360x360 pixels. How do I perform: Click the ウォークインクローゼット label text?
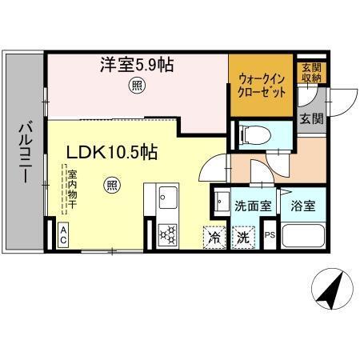[x=261, y=84]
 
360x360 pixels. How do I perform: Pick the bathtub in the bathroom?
[x=303, y=238]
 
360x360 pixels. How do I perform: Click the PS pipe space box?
[x=270, y=236]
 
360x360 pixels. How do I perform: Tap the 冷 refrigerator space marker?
[x=214, y=237]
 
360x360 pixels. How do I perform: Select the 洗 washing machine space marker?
[x=242, y=237]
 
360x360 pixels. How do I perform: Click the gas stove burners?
[x=168, y=234]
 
